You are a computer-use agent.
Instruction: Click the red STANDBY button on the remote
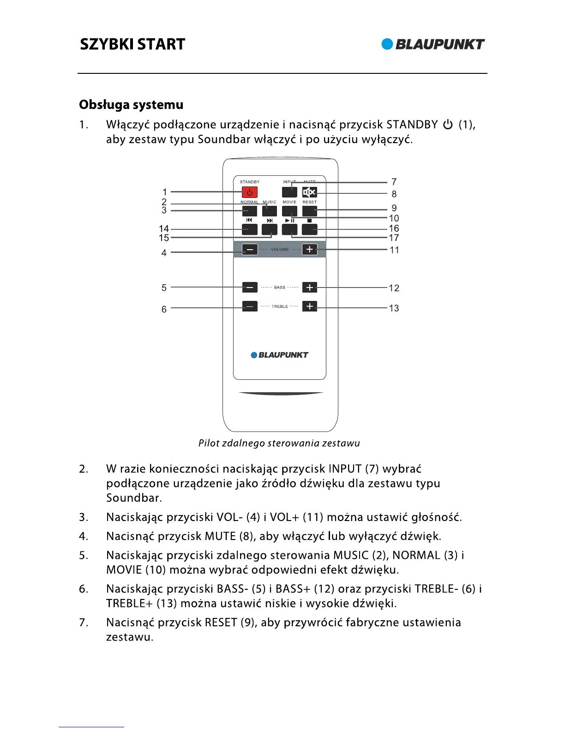point(250,192)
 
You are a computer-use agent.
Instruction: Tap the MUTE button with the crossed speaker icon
point(309,192)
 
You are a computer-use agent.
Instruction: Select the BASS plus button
point(310,287)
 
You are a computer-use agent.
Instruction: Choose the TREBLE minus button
point(250,306)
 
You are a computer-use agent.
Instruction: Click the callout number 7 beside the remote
point(394,182)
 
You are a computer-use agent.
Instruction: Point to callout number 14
point(164,228)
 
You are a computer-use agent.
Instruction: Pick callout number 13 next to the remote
point(394,308)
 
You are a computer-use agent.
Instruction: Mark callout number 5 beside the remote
point(164,288)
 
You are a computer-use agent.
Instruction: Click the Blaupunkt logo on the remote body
point(279,355)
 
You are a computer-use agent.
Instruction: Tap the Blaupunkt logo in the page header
point(433,44)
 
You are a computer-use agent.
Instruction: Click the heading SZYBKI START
point(132,44)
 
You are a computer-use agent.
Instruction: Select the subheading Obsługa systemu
point(131,105)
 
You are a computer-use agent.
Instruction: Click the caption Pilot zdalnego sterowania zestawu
point(279,443)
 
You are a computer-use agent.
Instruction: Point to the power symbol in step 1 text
point(448,125)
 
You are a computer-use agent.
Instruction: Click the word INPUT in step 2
point(345,469)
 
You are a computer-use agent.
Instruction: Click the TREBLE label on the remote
point(280,306)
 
